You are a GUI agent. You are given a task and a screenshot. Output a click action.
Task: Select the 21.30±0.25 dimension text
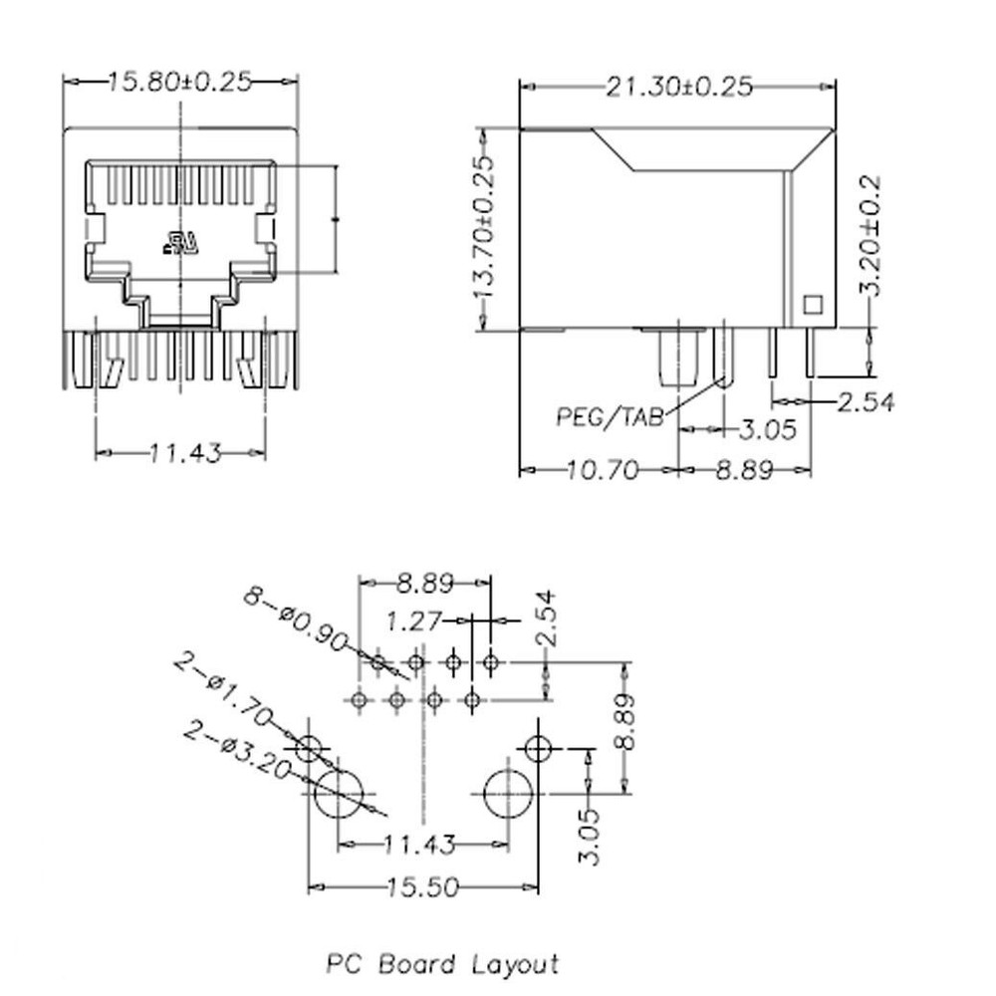coord(678,88)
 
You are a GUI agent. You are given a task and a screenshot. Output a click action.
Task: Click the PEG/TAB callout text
coord(611,417)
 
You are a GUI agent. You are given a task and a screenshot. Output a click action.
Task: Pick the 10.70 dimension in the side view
coord(602,469)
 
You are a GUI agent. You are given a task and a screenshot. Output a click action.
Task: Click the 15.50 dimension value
coord(423,886)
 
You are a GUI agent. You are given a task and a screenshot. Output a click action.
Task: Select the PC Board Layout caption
coord(443,964)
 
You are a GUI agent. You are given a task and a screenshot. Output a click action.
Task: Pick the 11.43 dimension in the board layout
coord(419,846)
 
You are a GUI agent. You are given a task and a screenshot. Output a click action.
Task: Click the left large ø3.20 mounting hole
coord(339,794)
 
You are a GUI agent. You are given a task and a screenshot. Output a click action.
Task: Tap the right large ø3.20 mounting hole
coord(508,794)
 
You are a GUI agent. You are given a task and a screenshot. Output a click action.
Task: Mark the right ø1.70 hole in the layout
coord(539,747)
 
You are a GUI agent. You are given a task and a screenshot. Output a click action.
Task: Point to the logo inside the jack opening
coord(183,242)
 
